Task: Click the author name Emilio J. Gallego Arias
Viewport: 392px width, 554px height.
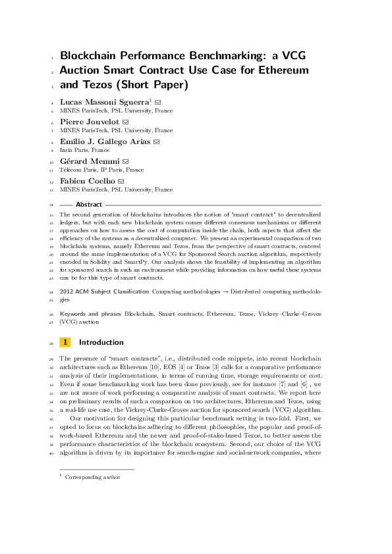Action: [x=105, y=141]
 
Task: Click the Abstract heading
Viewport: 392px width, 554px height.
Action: [x=89, y=205]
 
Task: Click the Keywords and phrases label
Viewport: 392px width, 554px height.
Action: [x=90, y=315]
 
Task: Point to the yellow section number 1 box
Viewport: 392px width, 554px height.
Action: [x=65, y=342]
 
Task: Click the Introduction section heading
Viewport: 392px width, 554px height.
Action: [x=101, y=342]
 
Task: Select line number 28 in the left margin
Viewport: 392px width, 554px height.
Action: [x=51, y=342]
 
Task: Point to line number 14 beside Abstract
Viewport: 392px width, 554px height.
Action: [x=51, y=205]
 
